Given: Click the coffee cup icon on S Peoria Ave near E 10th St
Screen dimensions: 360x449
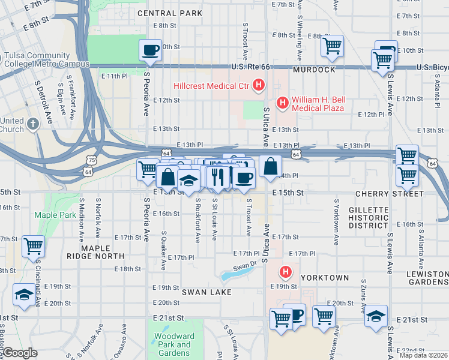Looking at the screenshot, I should pyautogui.click(x=150, y=49).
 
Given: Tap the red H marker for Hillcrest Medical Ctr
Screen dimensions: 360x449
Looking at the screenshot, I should pyautogui.click(x=259, y=86).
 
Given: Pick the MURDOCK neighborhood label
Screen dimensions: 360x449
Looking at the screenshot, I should pyautogui.click(x=314, y=70).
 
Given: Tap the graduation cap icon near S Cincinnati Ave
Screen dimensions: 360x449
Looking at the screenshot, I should pyautogui.click(x=23, y=294).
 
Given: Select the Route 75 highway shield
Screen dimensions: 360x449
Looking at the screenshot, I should pyautogui.click(x=91, y=161).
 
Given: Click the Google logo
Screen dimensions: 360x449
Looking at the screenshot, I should pyautogui.click(x=20, y=353).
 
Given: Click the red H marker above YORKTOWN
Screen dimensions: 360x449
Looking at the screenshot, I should pyautogui.click(x=286, y=272).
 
